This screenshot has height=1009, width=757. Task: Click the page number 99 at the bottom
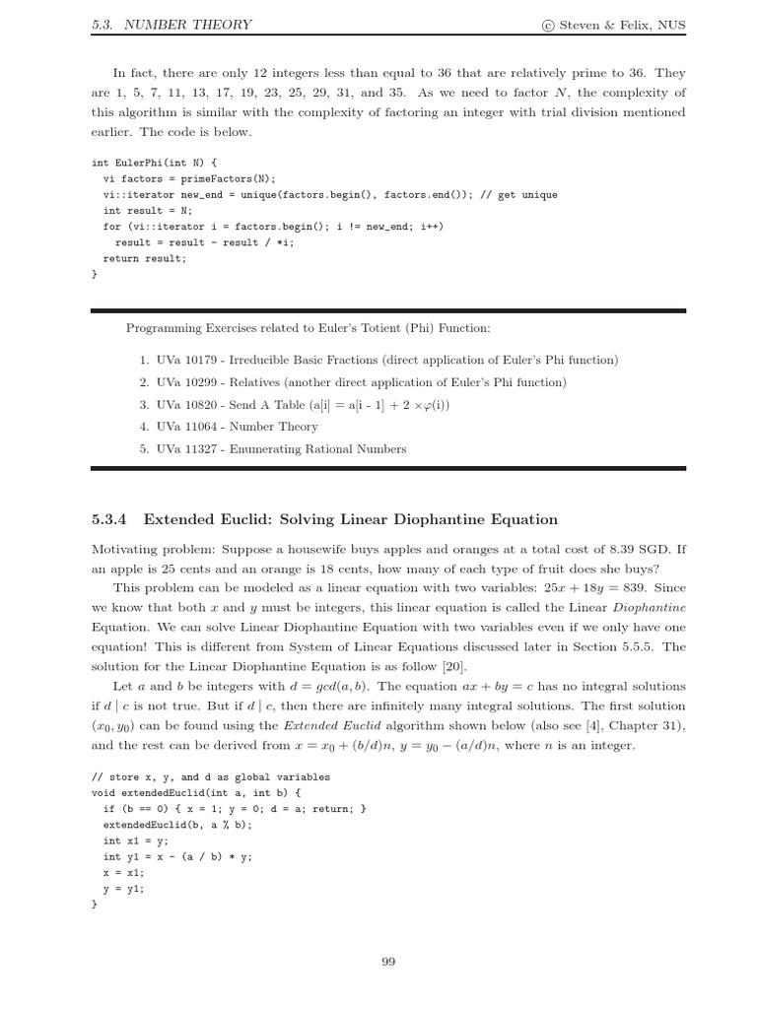pyautogui.click(x=387, y=962)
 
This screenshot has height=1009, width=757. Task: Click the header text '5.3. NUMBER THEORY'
pyautogui.click(x=171, y=25)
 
